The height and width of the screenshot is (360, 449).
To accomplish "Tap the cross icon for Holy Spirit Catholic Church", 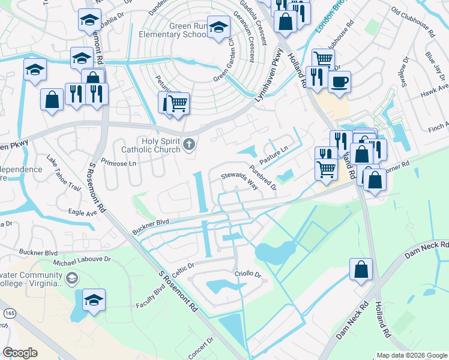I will pyautogui.click(x=189, y=143).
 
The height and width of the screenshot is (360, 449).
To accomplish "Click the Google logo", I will pyautogui.click(x=20, y=353).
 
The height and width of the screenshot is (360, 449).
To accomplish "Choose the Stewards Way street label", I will pyautogui.click(x=240, y=181).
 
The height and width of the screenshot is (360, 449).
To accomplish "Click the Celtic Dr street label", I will pyautogui.click(x=184, y=268).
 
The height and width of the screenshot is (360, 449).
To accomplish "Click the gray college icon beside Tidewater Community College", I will pyautogui.click(x=71, y=278).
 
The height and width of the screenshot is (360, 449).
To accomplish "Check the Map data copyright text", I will pyautogui.click(x=411, y=355).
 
